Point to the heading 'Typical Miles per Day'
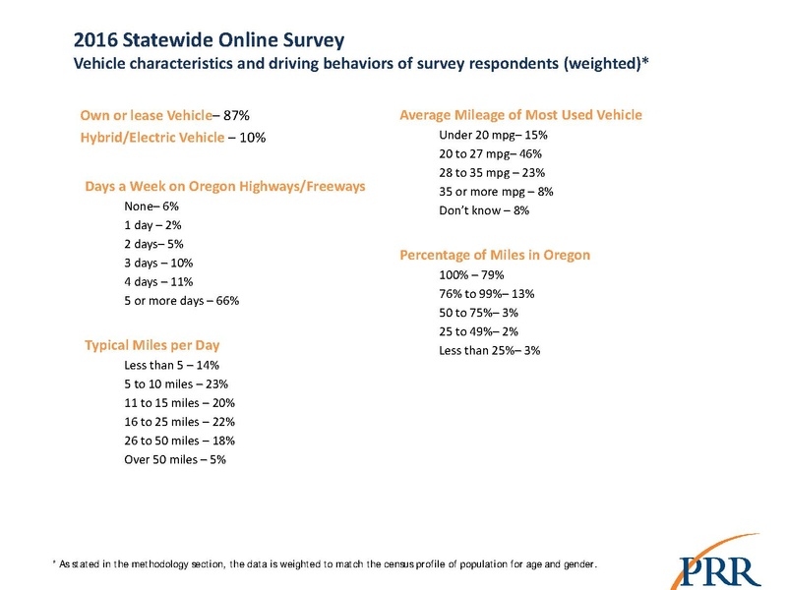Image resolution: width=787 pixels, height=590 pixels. (x=151, y=346)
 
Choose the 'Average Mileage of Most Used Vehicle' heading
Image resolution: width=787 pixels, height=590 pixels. (x=520, y=115)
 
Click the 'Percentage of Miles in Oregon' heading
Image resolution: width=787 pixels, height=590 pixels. (x=495, y=255)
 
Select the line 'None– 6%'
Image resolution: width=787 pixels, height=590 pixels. (x=151, y=206)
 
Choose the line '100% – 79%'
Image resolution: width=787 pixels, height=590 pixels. (x=473, y=274)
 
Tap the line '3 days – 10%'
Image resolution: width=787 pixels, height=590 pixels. (x=158, y=263)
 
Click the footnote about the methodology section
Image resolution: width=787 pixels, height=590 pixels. (x=325, y=564)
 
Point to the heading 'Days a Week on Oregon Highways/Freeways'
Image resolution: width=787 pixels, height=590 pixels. (x=225, y=186)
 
